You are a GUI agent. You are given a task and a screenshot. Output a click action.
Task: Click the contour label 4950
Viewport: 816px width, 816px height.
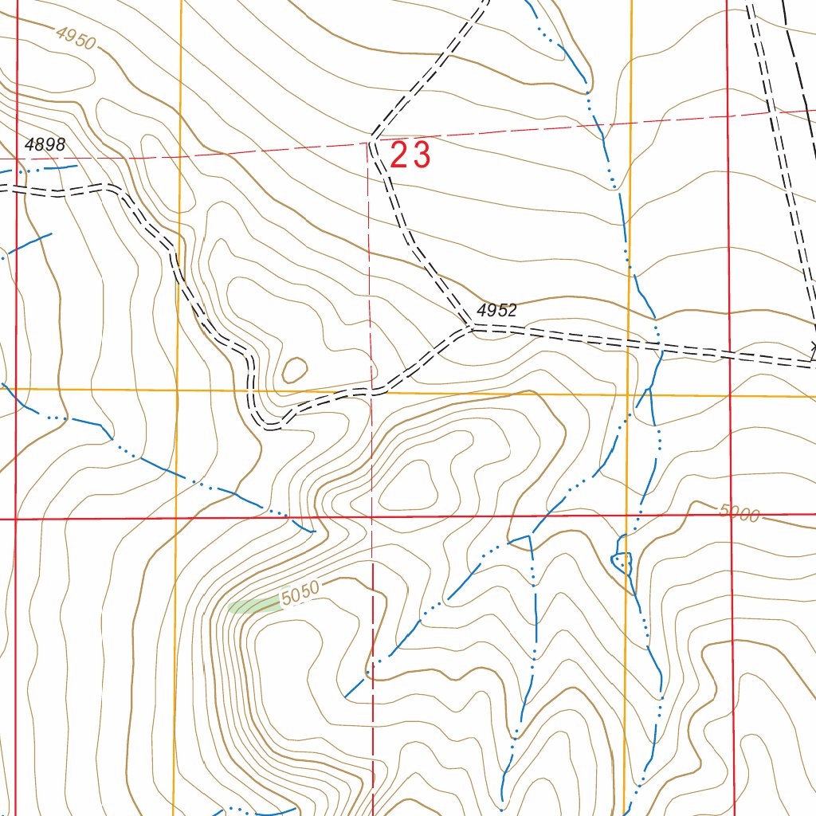(x=76, y=37)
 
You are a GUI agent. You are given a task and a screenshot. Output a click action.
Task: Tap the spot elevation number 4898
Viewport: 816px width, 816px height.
(x=45, y=145)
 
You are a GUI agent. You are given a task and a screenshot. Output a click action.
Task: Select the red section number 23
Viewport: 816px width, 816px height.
(x=410, y=155)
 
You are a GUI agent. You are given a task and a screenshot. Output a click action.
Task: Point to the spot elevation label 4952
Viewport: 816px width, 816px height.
(x=497, y=311)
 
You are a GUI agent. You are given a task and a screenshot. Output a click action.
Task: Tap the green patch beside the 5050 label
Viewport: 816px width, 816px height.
(x=253, y=606)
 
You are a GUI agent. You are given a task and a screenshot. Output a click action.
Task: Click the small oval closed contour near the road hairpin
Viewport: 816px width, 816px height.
(x=295, y=369)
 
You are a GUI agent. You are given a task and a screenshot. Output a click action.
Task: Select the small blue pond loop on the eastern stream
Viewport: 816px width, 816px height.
(x=622, y=563)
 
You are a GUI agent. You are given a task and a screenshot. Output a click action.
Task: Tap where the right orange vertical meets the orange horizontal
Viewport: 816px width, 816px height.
(x=629, y=394)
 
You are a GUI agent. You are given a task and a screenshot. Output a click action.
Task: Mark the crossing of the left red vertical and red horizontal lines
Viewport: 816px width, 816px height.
(x=16, y=519)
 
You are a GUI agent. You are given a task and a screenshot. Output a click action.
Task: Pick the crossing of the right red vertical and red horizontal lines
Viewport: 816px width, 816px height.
(x=729, y=516)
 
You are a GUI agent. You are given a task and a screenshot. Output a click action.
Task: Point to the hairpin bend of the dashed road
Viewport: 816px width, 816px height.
(x=271, y=424)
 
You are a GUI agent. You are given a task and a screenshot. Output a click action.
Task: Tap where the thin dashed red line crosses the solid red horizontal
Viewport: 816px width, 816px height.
(x=371, y=517)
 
